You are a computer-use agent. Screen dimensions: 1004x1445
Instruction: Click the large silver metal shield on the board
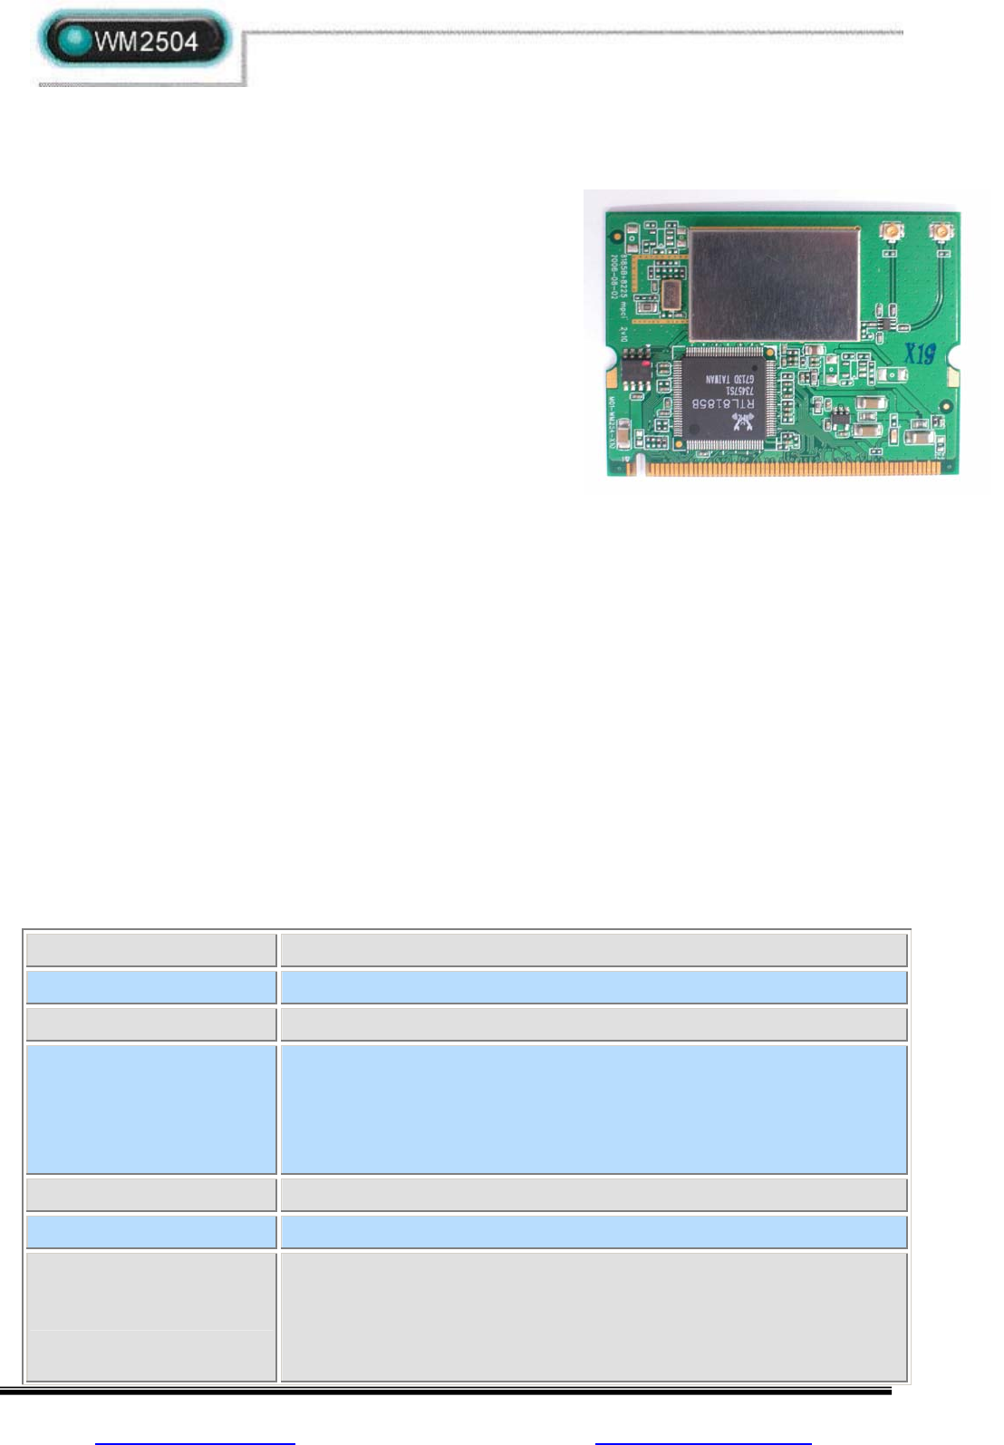pyautogui.click(x=773, y=283)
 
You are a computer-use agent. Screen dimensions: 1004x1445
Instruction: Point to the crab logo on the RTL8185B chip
pyautogui.click(x=743, y=421)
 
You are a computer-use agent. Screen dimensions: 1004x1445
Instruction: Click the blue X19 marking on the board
pyautogui.click(x=919, y=353)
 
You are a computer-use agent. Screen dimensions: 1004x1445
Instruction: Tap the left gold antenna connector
pyautogui.click(x=893, y=232)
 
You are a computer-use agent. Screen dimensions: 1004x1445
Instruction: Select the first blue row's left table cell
pyautogui.click(x=151, y=987)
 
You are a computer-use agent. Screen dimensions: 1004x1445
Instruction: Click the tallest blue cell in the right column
pyautogui.click(x=594, y=1110)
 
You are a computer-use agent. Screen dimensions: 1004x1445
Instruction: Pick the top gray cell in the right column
pyautogui.click(x=594, y=949)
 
